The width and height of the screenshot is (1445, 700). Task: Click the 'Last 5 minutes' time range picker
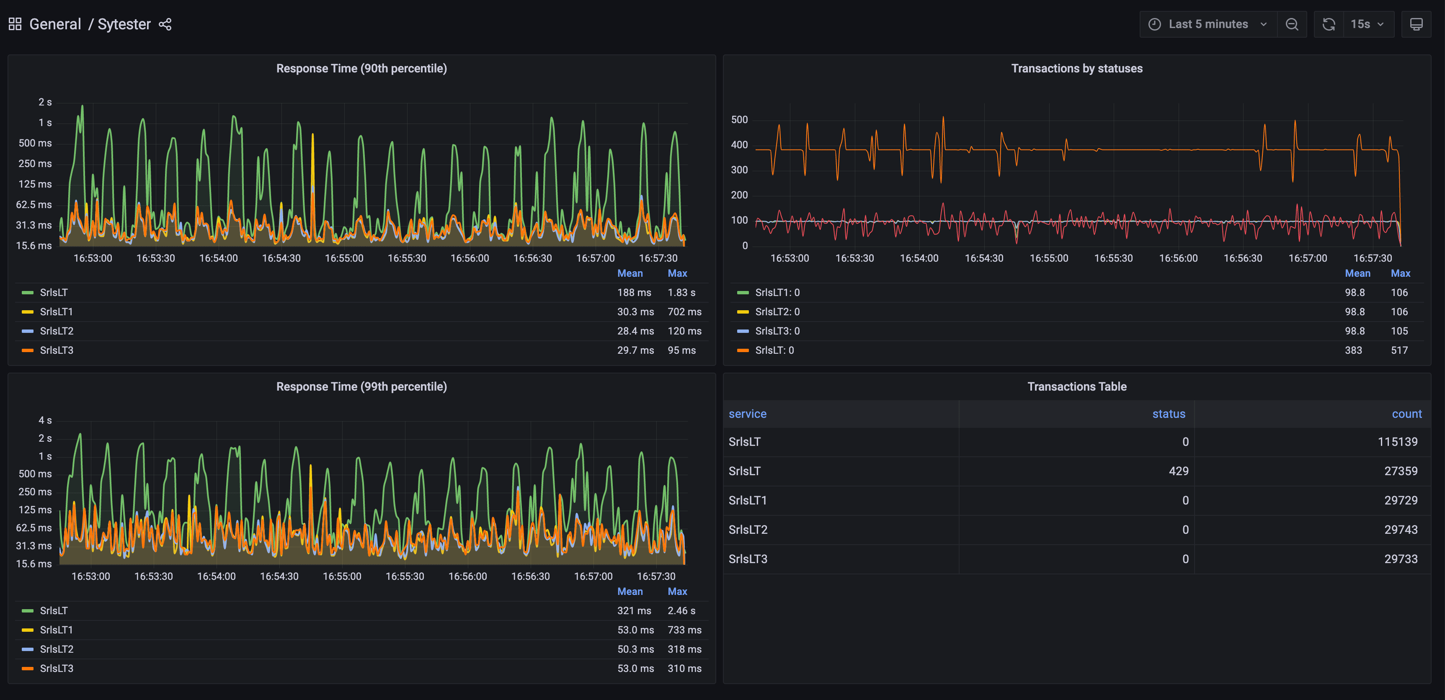1208,24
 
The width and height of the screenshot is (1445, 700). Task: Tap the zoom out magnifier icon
1291,24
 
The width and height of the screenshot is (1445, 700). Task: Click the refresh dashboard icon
1328,24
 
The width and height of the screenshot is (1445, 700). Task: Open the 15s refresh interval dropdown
1368,24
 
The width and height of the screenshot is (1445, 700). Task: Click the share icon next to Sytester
165,24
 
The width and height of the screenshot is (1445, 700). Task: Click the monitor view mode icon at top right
1416,24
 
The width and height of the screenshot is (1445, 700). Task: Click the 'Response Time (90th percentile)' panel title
361,68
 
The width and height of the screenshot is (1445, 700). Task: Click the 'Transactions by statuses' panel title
1076,68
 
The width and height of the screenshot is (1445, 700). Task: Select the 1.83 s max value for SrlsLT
681,292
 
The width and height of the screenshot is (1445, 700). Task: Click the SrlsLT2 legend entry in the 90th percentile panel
57,331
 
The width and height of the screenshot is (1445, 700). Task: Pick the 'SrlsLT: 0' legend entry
774,350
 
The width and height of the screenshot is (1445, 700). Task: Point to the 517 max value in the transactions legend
1399,350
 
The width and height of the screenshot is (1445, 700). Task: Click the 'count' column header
1406,414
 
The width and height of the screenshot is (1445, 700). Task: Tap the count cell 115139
1397,442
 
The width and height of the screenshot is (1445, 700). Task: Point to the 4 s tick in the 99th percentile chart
45,420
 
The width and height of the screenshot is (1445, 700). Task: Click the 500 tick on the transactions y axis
739,119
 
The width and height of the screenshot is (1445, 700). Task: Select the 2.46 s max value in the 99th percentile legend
681,610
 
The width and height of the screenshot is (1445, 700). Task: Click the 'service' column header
747,414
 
